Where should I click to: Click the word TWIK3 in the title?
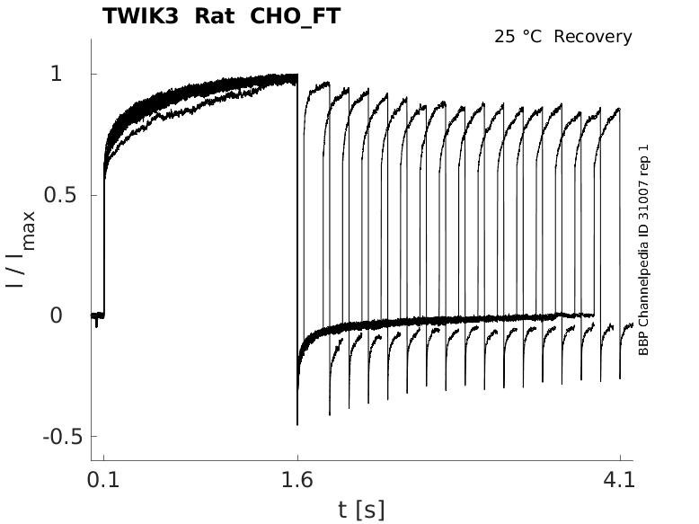[x=138, y=16]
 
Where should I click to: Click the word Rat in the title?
[x=213, y=16]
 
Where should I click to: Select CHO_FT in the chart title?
[x=292, y=16]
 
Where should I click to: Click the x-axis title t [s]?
[x=361, y=510]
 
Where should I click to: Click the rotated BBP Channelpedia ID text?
[x=643, y=250]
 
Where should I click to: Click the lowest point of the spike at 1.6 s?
[x=297, y=423]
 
